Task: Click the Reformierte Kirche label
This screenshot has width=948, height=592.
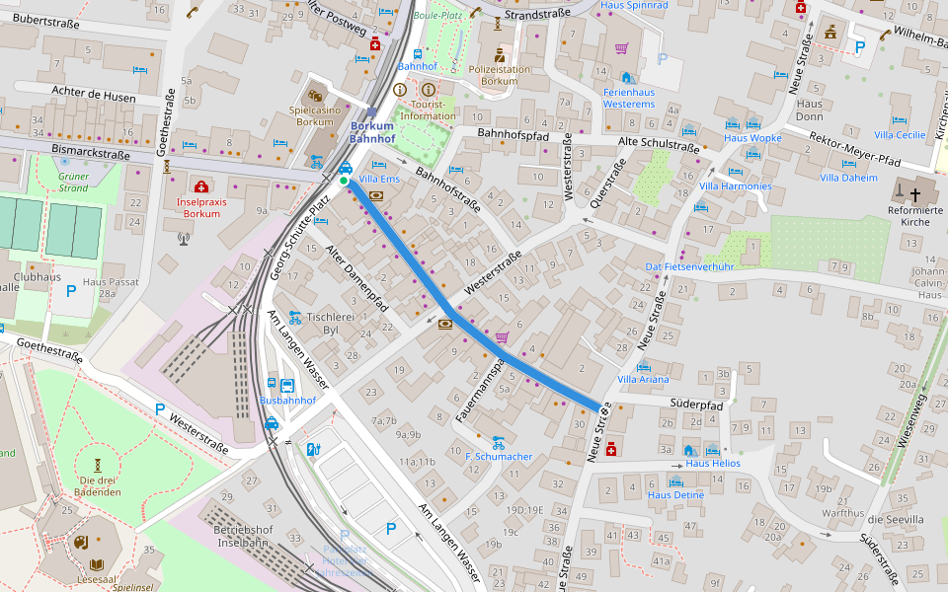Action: coord(915,215)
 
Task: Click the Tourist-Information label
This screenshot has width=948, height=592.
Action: coord(428,110)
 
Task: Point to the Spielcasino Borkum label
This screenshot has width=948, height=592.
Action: coord(315,115)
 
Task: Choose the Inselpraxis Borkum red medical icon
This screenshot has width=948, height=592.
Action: coord(201,186)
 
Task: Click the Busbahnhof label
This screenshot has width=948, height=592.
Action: coord(287,401)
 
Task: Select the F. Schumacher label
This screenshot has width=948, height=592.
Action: coord(499,457)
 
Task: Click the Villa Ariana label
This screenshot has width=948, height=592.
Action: coord(643,379)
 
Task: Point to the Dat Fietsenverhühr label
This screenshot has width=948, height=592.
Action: coord(689,266)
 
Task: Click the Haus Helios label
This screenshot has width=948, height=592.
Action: coord(712,463)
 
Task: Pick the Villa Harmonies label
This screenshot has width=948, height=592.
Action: coord(736,185)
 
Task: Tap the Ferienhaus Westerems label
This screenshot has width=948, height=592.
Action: coord(629,98)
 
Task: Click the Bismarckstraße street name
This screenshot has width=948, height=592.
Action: coord(90,154)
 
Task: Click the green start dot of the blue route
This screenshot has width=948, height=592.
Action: coord(344,181)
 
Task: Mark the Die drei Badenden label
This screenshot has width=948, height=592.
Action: coord(98,486)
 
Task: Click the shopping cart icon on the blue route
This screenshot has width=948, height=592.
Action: coord(502,337)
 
